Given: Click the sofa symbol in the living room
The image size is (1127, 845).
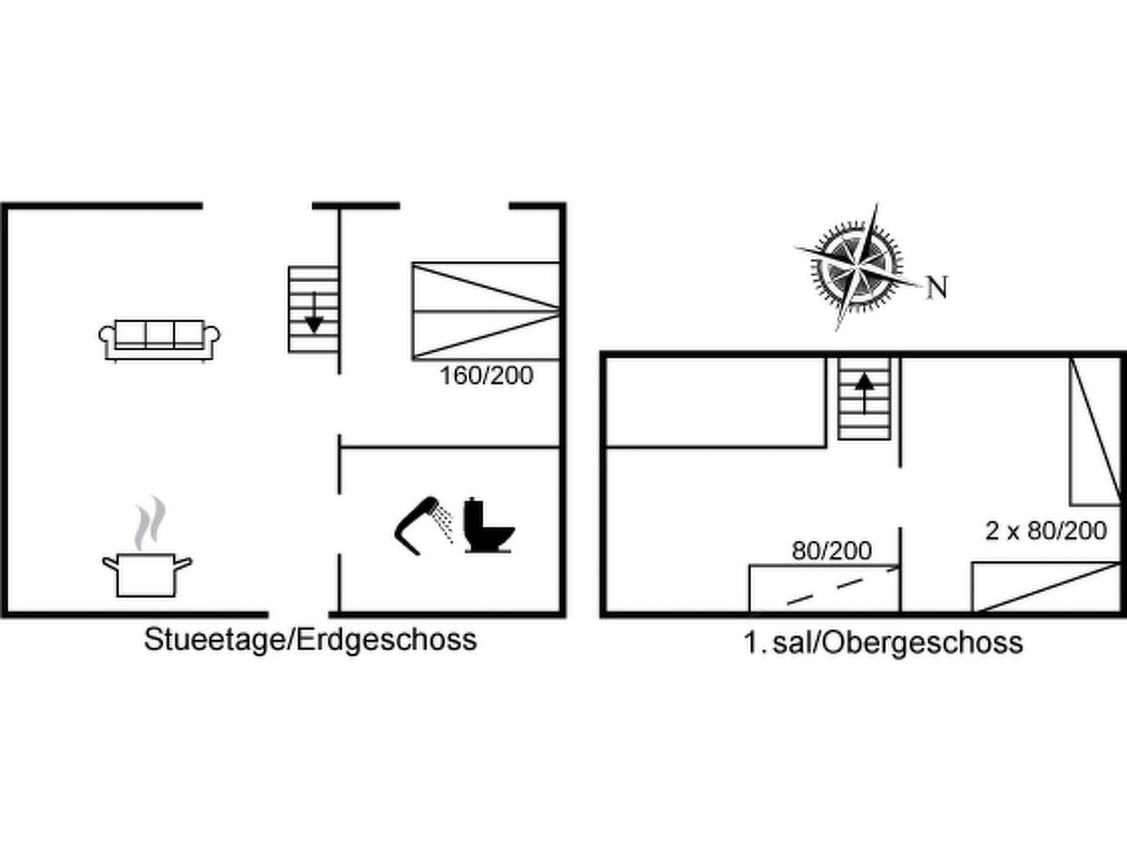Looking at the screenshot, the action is point(160,342).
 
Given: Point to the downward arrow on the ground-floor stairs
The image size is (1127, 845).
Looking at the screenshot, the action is point(313,313).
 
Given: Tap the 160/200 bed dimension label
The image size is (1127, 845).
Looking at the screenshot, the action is point(486,376).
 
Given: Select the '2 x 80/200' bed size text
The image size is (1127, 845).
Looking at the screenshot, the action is point(1046,530).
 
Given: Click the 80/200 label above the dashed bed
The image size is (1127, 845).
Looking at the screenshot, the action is point(832,551).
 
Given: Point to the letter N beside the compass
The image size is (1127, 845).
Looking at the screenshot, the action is point(937,287).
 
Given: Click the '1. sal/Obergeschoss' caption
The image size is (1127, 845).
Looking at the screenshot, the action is point(883,643).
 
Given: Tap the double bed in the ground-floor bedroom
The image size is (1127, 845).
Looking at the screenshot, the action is point(485,311).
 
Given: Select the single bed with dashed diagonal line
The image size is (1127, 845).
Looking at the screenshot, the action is point(825,589).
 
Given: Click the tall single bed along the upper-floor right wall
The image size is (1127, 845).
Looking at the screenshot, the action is point(1095,432).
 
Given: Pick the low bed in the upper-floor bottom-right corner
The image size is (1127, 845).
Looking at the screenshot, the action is point(1047,587).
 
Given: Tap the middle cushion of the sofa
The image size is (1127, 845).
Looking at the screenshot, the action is point(160,334).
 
